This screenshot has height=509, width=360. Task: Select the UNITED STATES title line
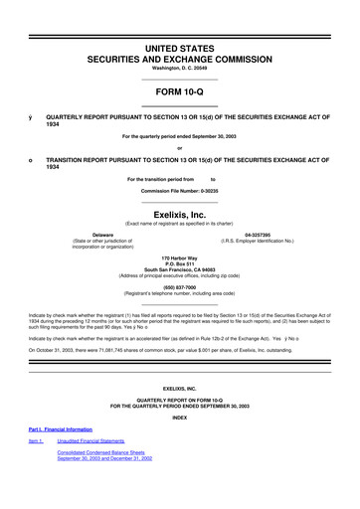point(180,20)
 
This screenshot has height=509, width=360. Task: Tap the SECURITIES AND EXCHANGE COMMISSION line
point(180,32)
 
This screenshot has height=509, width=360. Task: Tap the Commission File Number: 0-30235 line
point(180,190)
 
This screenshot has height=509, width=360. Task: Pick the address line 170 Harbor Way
point(180,256)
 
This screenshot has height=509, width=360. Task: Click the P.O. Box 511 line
point(180,262)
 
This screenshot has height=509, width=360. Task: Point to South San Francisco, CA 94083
point(180,268)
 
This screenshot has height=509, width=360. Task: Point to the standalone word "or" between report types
point(180,148)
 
